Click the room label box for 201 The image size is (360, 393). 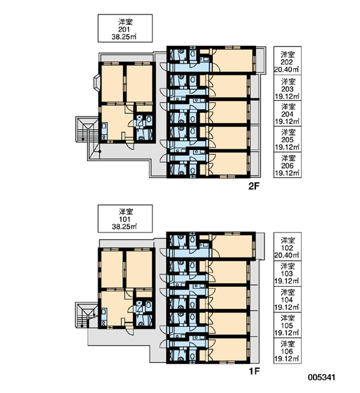125,28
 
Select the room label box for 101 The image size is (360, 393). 125,219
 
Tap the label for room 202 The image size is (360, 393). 287,60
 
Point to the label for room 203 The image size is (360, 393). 287,88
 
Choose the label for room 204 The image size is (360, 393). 287,113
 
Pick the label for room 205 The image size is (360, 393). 287,139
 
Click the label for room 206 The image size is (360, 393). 287,165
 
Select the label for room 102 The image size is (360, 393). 287,247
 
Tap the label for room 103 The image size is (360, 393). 287,274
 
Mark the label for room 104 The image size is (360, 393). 287,299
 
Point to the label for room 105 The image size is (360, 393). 287,325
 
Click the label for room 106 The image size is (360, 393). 287,351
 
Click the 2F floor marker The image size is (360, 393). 254,186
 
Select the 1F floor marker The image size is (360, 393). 254,371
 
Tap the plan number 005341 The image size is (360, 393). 321,377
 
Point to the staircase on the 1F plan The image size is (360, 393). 86,315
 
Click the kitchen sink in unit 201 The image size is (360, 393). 104,126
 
